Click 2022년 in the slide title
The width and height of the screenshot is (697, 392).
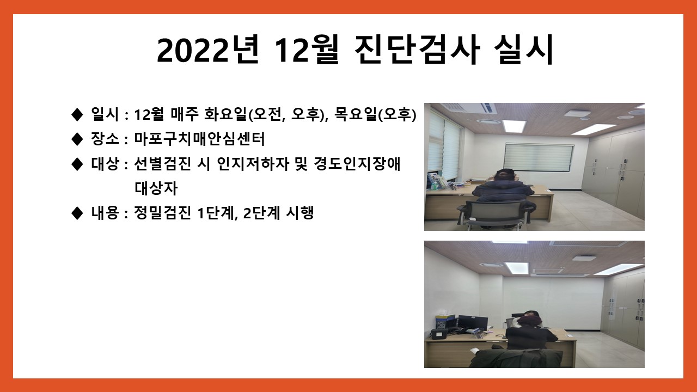pyautogui.click(x=208, y=50)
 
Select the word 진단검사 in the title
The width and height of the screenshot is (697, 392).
pyautogui.click(x=417, y=50)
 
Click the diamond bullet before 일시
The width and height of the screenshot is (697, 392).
pyautogui.click(x=77, y=115)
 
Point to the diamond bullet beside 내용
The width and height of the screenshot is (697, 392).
pyautogui.click(x=77, y=213)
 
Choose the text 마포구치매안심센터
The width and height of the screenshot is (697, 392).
pyautogui.click(x=199, y=139)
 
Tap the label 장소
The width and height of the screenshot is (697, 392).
pyautogui.click(x=105, y=139)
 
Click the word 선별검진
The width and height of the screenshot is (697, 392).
pyautogui.click(x=162, y=164)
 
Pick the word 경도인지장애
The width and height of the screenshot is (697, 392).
pyautogui.click(x=357, y=164)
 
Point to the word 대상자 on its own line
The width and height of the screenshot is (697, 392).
pyautogui.click(x=156, y=188)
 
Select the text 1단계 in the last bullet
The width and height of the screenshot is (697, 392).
pyautogui.click(x=216, y=213)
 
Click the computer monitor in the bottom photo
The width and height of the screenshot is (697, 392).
pyautogui.click(x=473, y=323)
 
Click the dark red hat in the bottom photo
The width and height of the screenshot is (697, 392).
pyautogui.click(x=529, y=321)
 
